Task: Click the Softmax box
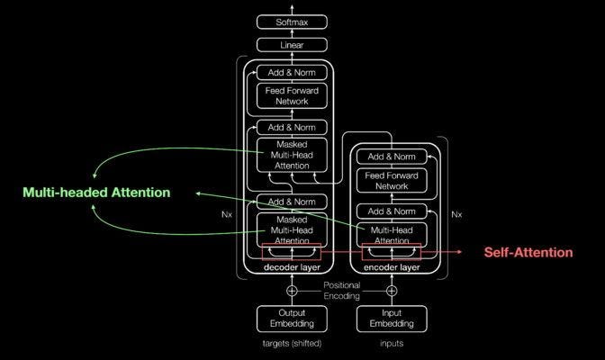(292, 21)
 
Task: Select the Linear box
(292, 43)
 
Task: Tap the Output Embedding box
(291, 319)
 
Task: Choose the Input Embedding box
(392, 319)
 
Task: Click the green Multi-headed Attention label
(96, 193)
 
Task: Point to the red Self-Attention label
(528, 253)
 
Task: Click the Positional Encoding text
(341, 291)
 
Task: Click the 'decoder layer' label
(292, 267)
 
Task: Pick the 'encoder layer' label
(392, 267)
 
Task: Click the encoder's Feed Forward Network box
(392, 182)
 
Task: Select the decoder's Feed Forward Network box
(292, 95)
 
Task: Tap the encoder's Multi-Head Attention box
(392, 234)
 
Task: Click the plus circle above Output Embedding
(291, 291)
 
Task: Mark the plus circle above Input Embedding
(392, 291)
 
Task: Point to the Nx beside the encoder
(457, 214)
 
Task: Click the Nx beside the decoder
(226, 215)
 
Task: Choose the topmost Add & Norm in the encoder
(392, 157)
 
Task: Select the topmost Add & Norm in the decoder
(292, 71)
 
